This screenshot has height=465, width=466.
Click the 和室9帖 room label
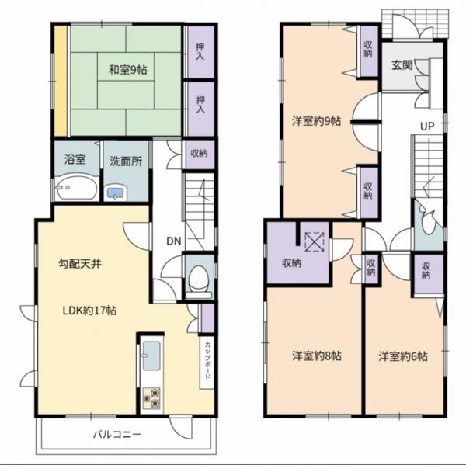tap(127, 70)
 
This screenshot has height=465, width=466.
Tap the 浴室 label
tap(75, 160)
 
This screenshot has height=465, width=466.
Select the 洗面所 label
tap(126, 161)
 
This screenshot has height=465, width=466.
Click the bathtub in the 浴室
tap(77, 189)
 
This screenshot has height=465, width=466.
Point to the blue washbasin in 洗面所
tap(115, 194)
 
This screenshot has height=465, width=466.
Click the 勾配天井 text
tap(80, 263)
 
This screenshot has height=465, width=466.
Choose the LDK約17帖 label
tap(89, 311)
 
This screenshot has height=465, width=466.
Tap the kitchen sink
tap(151, 356)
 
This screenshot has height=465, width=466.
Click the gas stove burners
tap(151, 398)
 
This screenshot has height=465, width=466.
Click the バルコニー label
tap(116, 435)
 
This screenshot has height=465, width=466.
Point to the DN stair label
tap(174, 241)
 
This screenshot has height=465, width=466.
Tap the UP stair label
tap(427, 127)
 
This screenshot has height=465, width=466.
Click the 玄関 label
tap(402, 65)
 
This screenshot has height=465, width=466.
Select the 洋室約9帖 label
tap(317, 121)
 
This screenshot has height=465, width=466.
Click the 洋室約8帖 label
tap(317, 356)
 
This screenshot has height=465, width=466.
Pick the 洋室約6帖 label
tap(403, 356)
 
